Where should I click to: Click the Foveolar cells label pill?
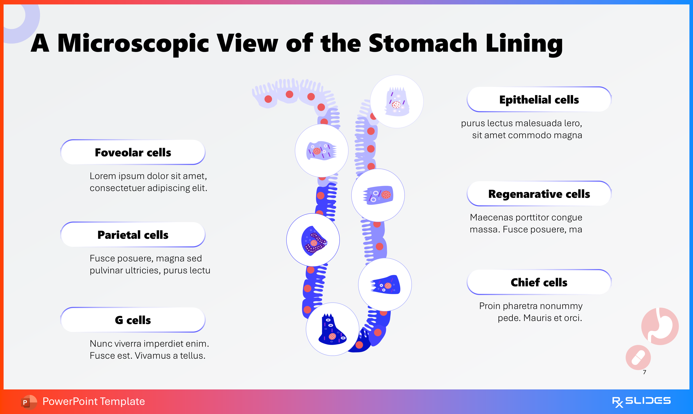click(x=133, y=152)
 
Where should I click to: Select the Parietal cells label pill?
click(x=133, y=235)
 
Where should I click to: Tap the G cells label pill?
click(x=133, y=320)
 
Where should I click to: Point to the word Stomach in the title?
click(x=422, y=43)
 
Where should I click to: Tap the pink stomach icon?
click(x=660, y=326)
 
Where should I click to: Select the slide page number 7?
click(x=644, y=372)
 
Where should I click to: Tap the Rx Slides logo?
click(x=641, y=401)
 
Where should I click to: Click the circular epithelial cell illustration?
click(x=397, y=102)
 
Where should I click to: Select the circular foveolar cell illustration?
click(x=322, y=151)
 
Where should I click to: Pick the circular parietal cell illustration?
click(x=313, y=240)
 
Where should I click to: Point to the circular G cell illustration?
click(x=333, y=329)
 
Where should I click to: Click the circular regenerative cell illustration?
click(x=378, y=195)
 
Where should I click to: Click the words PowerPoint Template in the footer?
click(x=94, y=401)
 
